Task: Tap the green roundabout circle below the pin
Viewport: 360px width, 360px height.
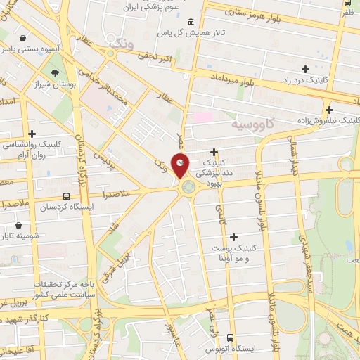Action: (x=188, y=187)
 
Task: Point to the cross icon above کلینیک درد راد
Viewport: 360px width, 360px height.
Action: (x=304, y=68)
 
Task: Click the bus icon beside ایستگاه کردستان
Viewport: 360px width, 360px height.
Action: (x=66, y=196)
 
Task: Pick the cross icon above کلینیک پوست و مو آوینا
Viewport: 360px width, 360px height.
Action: (x=233, y=237)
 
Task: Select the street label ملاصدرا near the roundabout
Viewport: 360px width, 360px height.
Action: (x=115, y=192)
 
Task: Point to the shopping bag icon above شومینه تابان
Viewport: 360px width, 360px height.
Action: (x=18, y=226)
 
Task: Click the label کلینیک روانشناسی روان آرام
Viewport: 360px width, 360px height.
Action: (x=33, y=150)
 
